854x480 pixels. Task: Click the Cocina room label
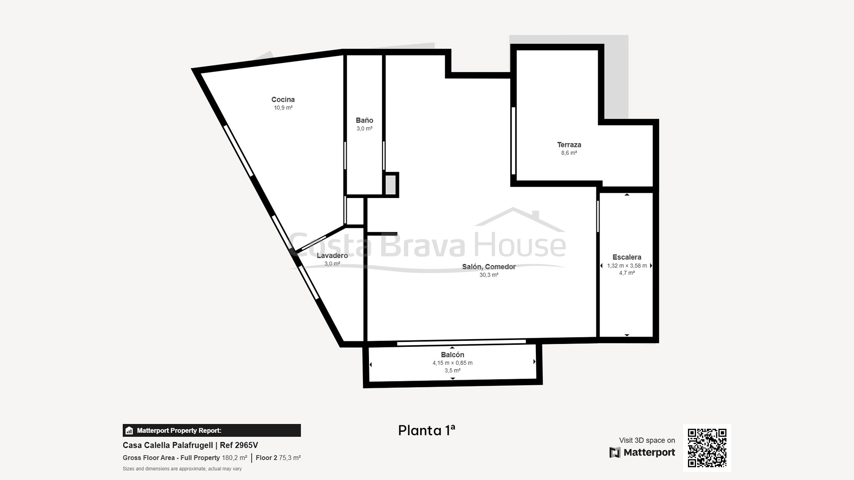(283, 99)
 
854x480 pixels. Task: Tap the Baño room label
(364, 120)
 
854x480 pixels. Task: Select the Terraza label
(569, 145)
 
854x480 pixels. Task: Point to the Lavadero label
(332, 256)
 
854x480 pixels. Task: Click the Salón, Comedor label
(489, 267)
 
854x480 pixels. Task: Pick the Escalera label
(627, 257)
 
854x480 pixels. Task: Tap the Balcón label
(452, 355)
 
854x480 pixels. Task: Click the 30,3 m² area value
(489, 275)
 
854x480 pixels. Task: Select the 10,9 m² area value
(283, 108)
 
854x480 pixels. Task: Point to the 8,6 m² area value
(569, 153)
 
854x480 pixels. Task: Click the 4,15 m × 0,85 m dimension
(452, 363)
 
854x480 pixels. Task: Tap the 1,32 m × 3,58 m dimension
(627, 266)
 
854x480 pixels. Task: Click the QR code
(707, 448)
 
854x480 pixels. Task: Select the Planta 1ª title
(427, 430)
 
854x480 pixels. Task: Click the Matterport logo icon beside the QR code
(615, 452)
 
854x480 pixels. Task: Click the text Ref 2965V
(239, 445)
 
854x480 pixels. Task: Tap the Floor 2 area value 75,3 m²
(290, 458)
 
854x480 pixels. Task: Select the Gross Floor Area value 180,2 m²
(234, 458)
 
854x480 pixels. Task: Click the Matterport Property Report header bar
(212, 431)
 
